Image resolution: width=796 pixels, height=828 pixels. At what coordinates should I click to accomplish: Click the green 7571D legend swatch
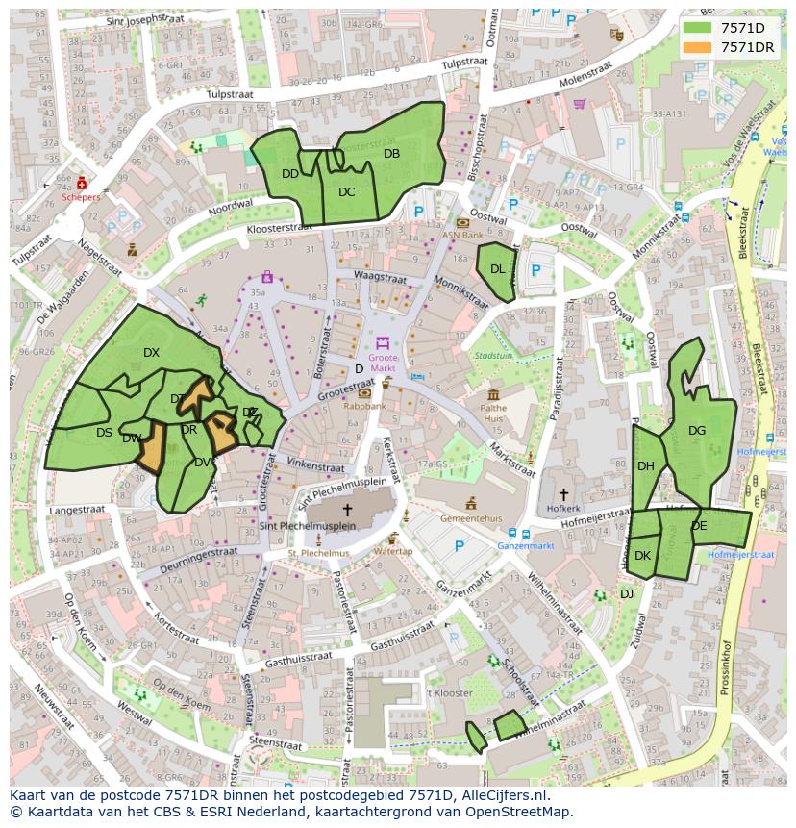699,28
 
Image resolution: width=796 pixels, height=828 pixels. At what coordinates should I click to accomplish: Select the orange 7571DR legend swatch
699,47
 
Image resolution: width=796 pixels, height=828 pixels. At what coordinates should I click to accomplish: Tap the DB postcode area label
391,154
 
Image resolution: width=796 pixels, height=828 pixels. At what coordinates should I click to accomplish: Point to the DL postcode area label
497,269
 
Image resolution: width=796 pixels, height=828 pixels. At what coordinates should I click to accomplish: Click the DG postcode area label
697,431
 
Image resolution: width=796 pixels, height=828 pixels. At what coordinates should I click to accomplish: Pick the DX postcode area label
151,353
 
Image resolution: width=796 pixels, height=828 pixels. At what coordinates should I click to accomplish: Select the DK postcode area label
642,556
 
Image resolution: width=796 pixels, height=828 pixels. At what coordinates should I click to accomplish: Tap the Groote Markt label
382,362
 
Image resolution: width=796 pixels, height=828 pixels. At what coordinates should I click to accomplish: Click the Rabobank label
365,406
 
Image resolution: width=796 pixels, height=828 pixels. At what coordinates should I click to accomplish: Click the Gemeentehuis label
471,517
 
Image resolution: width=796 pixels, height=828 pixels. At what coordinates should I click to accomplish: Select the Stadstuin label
493,355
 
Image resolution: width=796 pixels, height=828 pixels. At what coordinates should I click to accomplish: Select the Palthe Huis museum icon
493,395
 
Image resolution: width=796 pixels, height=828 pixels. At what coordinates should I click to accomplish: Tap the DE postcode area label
699,526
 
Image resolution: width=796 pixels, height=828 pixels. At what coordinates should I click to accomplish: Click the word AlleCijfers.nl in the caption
502,796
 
